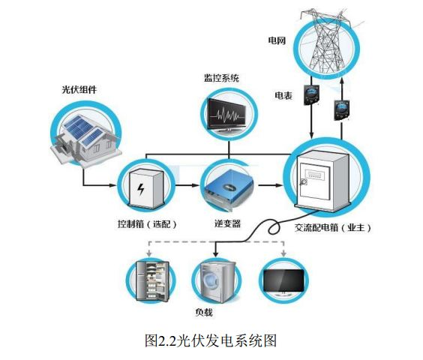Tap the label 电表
coord(283,95)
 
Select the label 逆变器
coord(226,223)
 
